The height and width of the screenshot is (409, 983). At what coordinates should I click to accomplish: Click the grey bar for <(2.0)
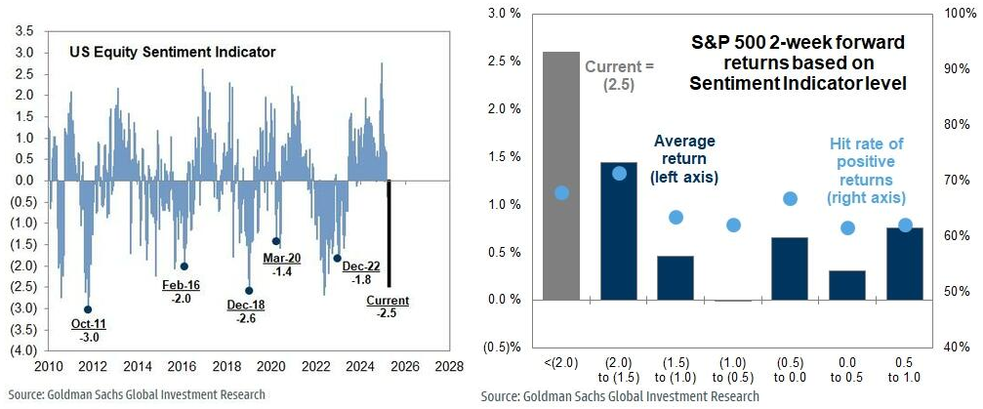[x=560, y=176]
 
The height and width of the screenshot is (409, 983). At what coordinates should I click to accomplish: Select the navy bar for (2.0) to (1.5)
[x=618, y=231]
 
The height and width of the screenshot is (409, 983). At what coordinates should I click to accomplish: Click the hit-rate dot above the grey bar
[x=560, y=192]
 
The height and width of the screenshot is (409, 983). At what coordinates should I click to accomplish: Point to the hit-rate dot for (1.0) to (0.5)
[x=733, y=225]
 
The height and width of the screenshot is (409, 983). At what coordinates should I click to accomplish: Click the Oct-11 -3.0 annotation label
[x=87, y=330]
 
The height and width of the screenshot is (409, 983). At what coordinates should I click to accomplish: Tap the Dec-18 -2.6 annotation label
[x=244, y=312]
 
